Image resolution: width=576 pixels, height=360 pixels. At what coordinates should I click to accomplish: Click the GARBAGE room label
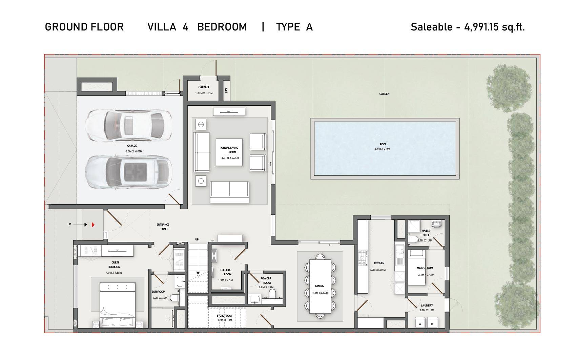pyautogui.click(x=204, y=87)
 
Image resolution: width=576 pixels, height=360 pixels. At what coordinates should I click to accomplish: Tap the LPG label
pyautogui.click(x=226, y=91)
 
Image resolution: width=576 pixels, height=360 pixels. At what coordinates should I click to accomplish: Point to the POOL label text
pyautogui.click(x=383, y=144)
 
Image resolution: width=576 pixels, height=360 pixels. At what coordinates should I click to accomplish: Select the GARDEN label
pyautogui.click(x=384, y=94)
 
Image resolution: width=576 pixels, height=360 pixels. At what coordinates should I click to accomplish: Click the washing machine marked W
pyautogui.click(x=420, y=323)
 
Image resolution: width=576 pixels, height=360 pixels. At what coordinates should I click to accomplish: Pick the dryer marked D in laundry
pyautogui.click(x=432, y=323)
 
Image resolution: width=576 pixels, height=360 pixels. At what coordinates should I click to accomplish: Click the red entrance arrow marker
pyautogui.click(x=93, y=225)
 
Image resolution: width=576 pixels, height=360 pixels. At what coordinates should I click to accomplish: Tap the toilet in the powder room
pyautogui.click(x=272, y=293)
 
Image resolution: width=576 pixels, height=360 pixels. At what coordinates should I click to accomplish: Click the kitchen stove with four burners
pyautogui.click(x=362, y=258)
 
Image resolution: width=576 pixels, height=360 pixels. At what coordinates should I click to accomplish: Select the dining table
pyautogui.click(x=320, y=286)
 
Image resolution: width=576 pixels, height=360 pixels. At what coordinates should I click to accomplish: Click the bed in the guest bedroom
pyautogui.click(x=118, y=304)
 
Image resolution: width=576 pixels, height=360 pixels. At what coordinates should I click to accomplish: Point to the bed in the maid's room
pyautogui.click(x=416, y=267)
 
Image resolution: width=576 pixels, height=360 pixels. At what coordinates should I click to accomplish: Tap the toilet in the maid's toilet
pyautogui.click(x=413, y=239)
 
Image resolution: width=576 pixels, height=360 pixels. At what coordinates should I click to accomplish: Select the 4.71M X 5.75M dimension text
pyautogui.click(x=230, y=158)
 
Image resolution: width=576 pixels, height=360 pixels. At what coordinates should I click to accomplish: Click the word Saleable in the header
pyautogui.click(x=431, y=27)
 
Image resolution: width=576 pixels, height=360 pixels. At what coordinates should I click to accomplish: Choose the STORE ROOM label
pyautogui.click(x=224, y=316)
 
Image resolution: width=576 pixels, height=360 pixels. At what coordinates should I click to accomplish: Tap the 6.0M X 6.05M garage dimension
pyautogui.click(x=134, y=152)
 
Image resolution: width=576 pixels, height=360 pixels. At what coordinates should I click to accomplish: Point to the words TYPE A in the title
pyautogui.click(x=294, y=27)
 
